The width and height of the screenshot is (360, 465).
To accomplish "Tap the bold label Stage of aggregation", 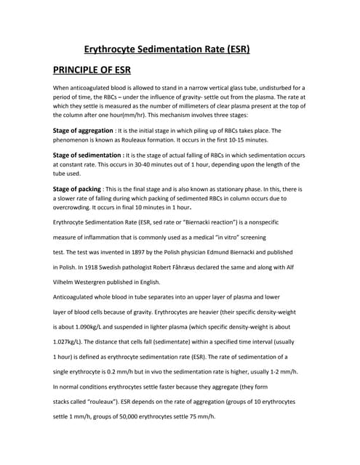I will [82, 130].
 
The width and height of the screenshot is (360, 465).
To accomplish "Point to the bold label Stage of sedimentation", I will [87, 155].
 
